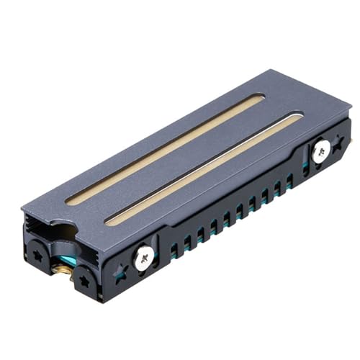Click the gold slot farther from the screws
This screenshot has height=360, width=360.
(166, 148)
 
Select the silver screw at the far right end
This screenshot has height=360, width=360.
(321, 150)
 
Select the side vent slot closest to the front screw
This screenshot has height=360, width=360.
(174, 250)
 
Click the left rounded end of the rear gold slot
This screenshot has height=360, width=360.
(70, 201)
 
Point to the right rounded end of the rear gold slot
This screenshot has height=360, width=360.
(261, 97)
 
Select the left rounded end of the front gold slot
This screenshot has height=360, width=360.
(108, 220)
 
